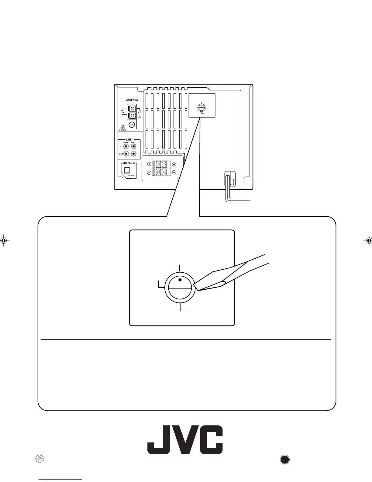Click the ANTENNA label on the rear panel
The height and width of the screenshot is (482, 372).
click(x=132, y=100)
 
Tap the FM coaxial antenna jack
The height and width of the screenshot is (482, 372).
click(x=132, y=125)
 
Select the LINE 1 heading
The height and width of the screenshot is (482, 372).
click(x=129, y=139)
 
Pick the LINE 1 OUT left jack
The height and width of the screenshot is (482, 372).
click(x=133, y=154)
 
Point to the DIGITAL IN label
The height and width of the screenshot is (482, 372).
click(x=129, y=163)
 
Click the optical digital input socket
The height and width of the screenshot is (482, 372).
click(x=127, y=170)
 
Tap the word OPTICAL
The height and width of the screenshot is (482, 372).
click(x=131, y=176)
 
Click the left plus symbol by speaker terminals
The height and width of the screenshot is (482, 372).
click(x=149, y=164)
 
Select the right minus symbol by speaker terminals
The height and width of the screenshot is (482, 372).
click(x=174, y=173)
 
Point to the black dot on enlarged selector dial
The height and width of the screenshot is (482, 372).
click(x=180, y=280)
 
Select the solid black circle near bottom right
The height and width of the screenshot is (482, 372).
click(x=284, y=459)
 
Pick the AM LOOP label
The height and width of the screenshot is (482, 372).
click(x=122, y=112)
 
